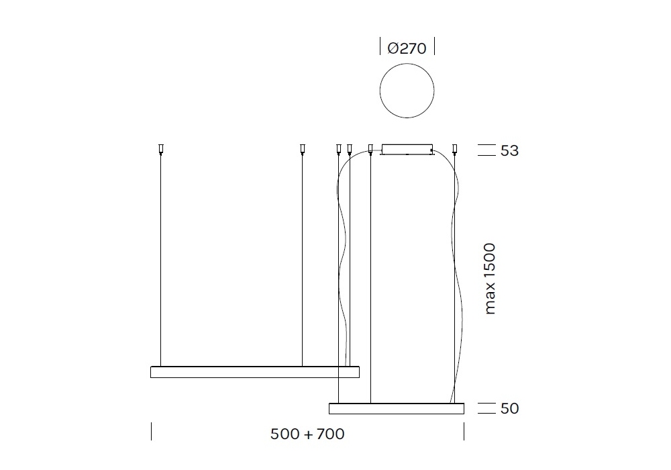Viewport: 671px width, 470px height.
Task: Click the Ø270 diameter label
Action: [407, 48]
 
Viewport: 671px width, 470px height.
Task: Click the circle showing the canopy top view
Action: [407, 64]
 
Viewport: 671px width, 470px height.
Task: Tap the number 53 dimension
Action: [509, 150]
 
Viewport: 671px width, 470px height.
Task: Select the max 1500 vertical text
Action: [490, 279]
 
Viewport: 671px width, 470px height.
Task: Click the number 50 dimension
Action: [509, 408]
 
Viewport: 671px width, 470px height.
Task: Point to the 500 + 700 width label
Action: [307, 434]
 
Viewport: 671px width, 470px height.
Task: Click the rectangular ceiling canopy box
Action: [407, 149]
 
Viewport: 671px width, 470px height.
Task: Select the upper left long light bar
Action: [255, 372]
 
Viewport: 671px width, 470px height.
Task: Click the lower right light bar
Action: [397, 409]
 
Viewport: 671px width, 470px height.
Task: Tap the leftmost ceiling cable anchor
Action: [161, 149]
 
